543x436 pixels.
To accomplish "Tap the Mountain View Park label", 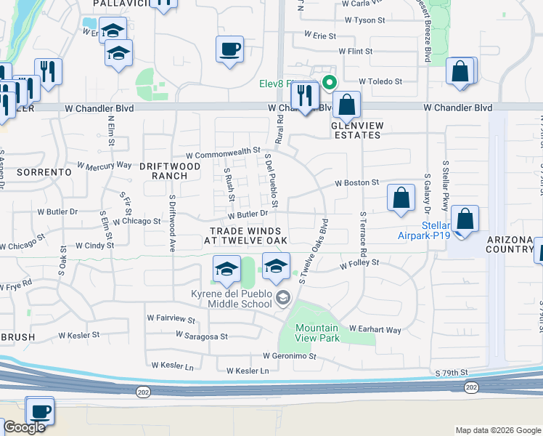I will (317, 333).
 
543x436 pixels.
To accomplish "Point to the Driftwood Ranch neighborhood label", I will (170, 171).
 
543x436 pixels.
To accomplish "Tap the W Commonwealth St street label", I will (223, 153).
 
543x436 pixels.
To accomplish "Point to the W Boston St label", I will (356, 183).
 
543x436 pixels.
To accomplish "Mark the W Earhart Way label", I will (375, 330).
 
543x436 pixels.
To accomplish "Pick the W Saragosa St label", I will (202, 336).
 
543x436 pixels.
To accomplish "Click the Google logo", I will (24, 427).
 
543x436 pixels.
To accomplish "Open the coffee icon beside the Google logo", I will (39, 411).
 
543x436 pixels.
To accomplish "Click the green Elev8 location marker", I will (330, 82).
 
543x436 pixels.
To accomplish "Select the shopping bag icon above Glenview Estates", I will (347, 105).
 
